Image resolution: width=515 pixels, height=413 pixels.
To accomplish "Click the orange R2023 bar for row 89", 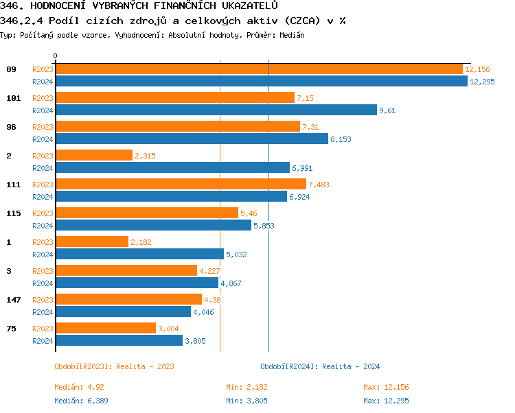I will point(259,69).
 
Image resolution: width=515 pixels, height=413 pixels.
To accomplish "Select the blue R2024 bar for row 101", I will point(216,110).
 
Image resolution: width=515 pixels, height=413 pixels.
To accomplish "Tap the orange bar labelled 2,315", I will point(93,156).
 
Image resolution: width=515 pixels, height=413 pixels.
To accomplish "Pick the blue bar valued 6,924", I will point(171,196).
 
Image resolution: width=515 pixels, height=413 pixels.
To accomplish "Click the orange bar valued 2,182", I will point(91,242).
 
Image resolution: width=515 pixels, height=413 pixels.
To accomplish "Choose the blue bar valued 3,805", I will point(119,340).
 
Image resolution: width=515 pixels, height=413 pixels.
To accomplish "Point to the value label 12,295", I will point(482,82).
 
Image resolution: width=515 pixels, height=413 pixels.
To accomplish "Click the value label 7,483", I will point(319,185).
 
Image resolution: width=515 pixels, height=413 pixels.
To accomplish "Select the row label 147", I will point(13,300).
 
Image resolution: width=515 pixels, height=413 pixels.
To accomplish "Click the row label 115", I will point(13,213).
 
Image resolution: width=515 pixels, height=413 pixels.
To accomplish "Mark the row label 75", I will point(11,329).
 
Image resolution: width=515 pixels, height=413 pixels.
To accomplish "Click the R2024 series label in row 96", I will point(43,139).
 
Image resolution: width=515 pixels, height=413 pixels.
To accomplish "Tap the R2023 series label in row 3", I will point(43,271).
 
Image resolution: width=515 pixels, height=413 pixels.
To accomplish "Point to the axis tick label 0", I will point(56,56).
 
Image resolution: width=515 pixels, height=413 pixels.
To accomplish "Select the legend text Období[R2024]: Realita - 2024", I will point(320,366).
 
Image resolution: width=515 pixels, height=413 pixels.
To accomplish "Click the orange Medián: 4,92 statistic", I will point(79,388).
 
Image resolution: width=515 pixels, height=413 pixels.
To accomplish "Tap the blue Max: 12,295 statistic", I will point(386,401).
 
